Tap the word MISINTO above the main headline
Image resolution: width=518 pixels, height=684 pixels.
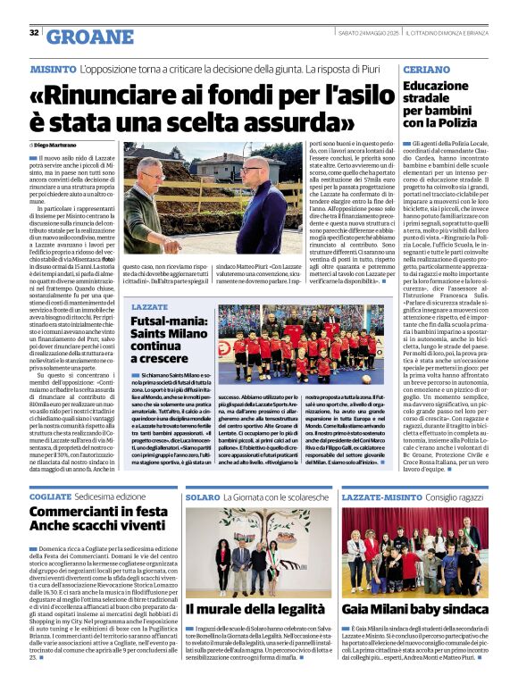click(53, 69)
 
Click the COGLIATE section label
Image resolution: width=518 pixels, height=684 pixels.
click(50, 495)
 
